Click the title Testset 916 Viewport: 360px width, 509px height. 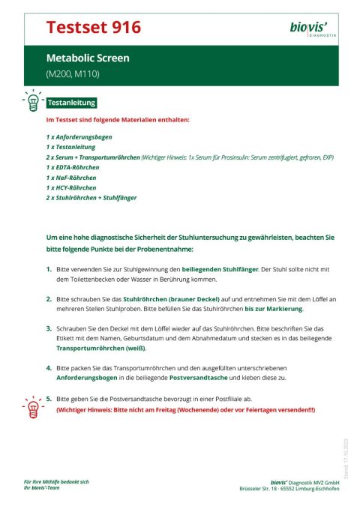pyautogui.click(x=93, y=28)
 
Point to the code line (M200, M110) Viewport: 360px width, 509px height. pyautogui.click(x=73, y=74)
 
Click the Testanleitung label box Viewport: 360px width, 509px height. pyautogui.click(x=71, y=103)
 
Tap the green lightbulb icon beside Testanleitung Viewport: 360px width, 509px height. pyautogui.click(x=32, y=102)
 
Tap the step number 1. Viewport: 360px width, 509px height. pyautogui.click(x=49, y=268)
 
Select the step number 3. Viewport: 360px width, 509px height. pyautogui.click(x=49, y=328)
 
